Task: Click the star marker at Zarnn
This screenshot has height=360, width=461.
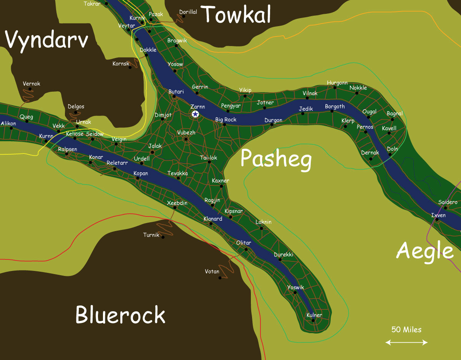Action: coord(195,114)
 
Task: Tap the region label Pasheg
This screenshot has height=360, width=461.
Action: coord(276,159)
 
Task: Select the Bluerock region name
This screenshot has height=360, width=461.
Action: coord(120,315)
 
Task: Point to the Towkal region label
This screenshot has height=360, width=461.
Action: coord(237,14)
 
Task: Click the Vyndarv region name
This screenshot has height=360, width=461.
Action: coord(47,40)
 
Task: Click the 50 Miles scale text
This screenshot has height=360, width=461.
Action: coord(406,330)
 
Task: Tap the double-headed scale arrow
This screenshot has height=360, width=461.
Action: coord(406,342)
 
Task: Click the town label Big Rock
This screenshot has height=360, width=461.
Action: coord(226,120)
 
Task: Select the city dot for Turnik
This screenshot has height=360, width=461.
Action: coord(163,237)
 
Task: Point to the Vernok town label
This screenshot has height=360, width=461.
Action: coord(32,84)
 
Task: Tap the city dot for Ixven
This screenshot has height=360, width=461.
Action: coord(437,220)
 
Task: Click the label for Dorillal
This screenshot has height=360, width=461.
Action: coord(188,12)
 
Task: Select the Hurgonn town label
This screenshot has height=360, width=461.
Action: coord(337,83)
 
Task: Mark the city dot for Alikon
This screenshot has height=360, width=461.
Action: coord(11,128)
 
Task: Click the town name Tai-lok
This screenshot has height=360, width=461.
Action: coord(209,158)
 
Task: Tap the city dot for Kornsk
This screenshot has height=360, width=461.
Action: coord(130,68)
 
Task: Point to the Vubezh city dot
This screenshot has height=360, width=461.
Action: coord(186,139)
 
